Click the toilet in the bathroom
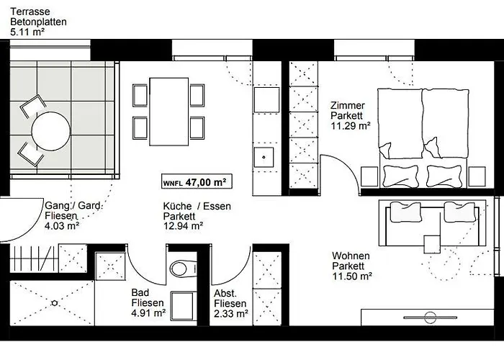[180, 269]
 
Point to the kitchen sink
[265, 154]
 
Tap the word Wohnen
[351, 256]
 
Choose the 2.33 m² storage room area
[230, 313]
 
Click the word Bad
[140, 293]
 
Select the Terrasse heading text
[30, 12]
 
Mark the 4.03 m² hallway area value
[62, 225]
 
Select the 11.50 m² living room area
[351, 276]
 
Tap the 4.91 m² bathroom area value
[148, 313]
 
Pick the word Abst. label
[226, 293]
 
